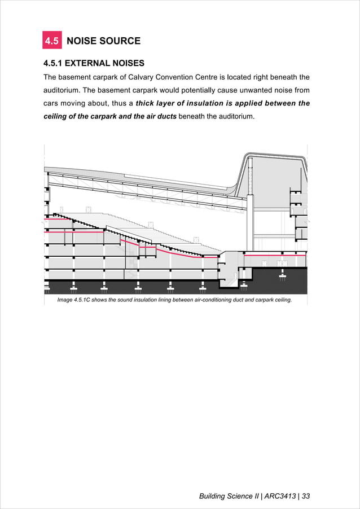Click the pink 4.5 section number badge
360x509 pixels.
[52, 41]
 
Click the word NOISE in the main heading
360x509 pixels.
[82, 41]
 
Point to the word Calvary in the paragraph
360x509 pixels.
[144, 77]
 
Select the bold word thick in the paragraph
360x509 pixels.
[146, 103]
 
